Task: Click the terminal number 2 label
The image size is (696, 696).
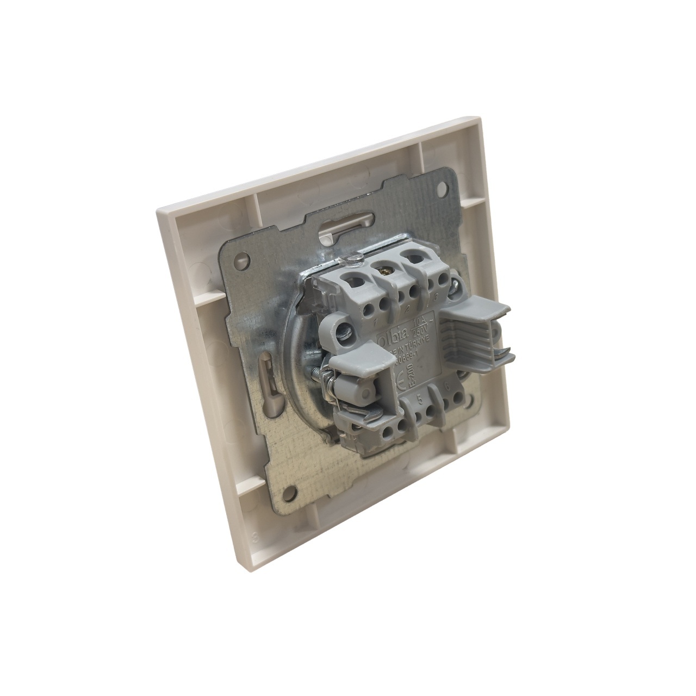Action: click(407, 308)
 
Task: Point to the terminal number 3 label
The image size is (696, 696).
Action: click(436, 296)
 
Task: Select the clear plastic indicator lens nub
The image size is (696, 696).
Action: click(354, 260)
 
